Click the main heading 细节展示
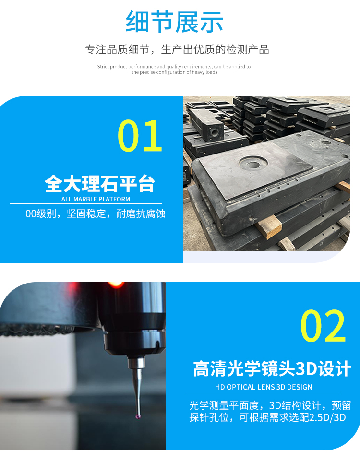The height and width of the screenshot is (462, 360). click(174, 22)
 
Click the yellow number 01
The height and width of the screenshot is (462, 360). click(140, 136)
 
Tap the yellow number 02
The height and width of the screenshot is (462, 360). click(323, 326)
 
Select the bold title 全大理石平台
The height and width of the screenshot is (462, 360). click(100, 184)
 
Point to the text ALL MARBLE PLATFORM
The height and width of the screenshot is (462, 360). click(96, 199)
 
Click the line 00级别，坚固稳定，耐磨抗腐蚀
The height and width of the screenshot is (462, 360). click(95, 213)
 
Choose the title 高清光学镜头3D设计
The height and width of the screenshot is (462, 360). click(272, 369)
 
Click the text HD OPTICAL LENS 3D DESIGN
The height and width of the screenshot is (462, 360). click(264, 387)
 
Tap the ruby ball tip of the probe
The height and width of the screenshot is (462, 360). click(138, 416)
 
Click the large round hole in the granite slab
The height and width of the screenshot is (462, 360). click(253, 163)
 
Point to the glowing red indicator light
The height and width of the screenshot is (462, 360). click(116, 284)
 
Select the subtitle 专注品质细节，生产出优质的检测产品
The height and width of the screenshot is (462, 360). click(177, 49)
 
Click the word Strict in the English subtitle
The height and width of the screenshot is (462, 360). click(103, 67)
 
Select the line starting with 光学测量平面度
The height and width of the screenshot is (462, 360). click(270, 406)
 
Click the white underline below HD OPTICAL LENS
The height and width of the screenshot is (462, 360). click(263, 392)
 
